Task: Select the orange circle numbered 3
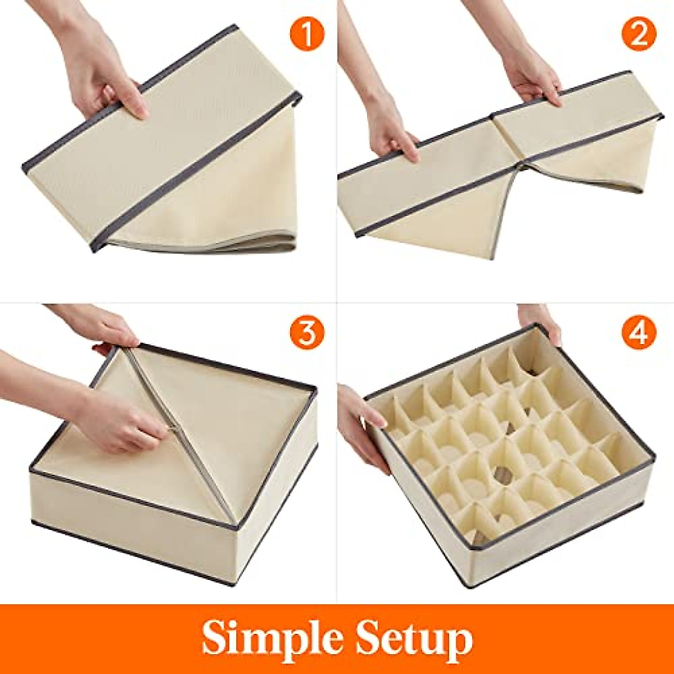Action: pos(307,333)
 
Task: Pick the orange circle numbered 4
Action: pos(639,333)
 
